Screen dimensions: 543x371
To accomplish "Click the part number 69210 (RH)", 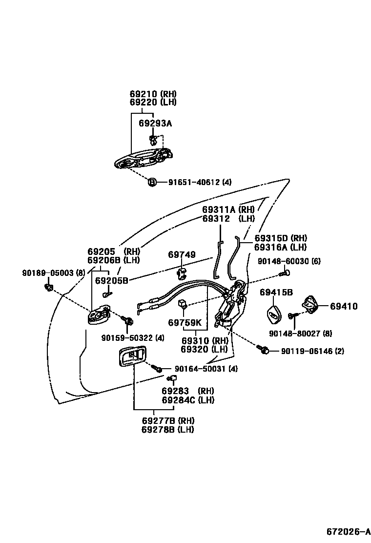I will tap(153, 94).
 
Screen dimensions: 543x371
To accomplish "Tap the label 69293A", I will tap(155, 124).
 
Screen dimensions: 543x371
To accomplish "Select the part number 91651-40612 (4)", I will tap(200, 182).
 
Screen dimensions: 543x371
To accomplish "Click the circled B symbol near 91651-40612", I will tap(152, 182).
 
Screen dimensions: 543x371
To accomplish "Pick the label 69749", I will tap(182, 254).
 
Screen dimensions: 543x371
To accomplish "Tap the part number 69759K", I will tap(185, 323).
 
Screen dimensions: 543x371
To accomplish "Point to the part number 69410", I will tap(344, 306).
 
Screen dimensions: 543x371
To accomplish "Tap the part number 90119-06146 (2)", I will tap(312, 351).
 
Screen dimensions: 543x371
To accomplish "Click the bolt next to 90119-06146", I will tap(265, 350).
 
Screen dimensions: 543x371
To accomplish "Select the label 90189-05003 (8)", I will tap(46, 272).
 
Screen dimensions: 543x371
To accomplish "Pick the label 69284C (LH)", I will tap(188, 400).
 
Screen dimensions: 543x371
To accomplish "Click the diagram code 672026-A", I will tap(345, 531).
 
